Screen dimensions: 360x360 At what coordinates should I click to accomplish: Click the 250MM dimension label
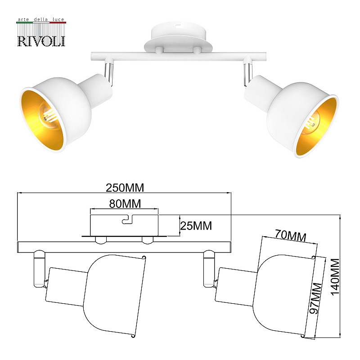(x=125, y=188)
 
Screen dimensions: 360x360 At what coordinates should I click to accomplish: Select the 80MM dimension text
(x=125, y=204)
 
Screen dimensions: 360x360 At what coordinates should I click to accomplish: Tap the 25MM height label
(x=196, y=226)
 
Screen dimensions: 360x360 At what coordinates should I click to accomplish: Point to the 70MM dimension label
(x=291, y=235)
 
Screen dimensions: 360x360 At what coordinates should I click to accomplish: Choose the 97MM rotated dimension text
(x=316, y=298)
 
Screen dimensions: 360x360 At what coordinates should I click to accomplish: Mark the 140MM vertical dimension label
(x=336, y=277)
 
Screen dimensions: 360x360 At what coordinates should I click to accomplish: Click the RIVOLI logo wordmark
(x=41, y=41)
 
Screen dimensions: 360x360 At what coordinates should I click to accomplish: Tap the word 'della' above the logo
(x=41, y=19)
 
